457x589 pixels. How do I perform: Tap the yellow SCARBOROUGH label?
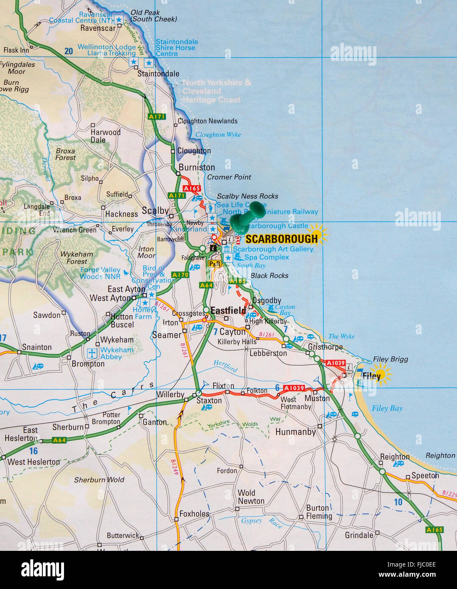coord(281,239)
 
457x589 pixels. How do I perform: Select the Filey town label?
coord(371,376)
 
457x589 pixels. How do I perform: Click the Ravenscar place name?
coord(98,28)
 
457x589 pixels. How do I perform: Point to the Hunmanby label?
coord(295,432)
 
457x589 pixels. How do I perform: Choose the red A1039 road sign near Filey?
coord(335,363)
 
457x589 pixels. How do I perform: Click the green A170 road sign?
coord(180,275)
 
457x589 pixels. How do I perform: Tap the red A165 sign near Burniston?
coord(191,188)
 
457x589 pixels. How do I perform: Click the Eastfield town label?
coord(228,311)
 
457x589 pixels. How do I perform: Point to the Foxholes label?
coord(194,514)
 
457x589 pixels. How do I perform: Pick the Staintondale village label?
coord(158,74)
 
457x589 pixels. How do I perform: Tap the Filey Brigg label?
coord(390,359)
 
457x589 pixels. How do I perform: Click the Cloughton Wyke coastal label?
coord(218,135)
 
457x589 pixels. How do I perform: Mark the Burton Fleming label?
coord(319,512)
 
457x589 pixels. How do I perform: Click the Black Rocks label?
coord(269,276)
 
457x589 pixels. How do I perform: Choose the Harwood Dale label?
coord(105,136)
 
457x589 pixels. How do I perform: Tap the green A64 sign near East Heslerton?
coord(59,440)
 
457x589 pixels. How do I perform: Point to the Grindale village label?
coord(359,535)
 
